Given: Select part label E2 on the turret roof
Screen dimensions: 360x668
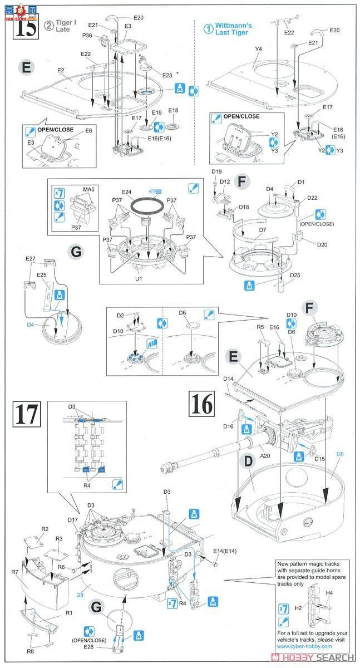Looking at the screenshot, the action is (x=61, y=71).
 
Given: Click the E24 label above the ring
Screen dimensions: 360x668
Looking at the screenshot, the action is (x=128, y=193).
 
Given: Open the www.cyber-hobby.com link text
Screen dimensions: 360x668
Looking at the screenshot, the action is (x=306, y=646).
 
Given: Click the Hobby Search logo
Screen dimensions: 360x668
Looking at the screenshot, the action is (x=318, y=659).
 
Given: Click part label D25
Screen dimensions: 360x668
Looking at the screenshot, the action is (x=295, y=275).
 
